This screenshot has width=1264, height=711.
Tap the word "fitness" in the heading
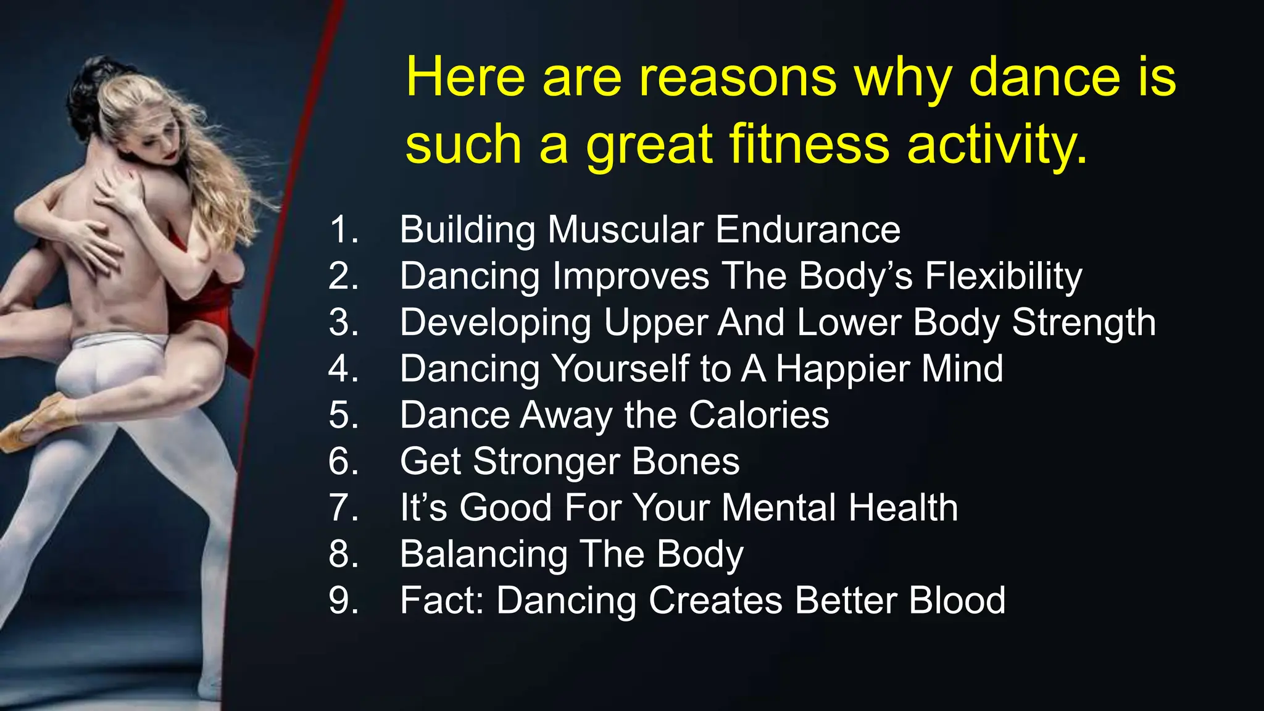(x=809, y=144)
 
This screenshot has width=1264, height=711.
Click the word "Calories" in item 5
(x=759, y=415)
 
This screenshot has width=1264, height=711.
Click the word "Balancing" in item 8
(x=483, y=554)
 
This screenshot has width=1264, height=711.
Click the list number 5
(x=343, y=415)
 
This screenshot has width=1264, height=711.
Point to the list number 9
(x=343, y=600)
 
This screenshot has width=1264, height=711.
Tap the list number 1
(x=343, y=230)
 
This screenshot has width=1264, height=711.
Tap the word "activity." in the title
(x=997, y=144)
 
